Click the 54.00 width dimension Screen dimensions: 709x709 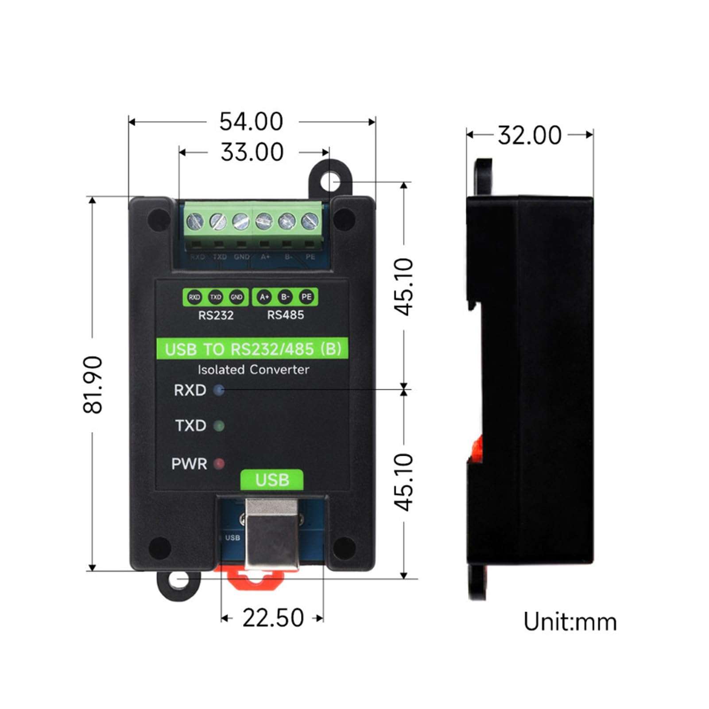coord(251,121)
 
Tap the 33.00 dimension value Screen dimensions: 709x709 coord(252,152)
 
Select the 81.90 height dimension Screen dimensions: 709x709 coord(93,384)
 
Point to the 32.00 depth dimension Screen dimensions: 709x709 coord(530,135)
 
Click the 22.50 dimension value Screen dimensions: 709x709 coord(273,618)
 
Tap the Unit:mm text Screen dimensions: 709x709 coord(570,622)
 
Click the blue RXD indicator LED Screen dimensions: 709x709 coord(219,390)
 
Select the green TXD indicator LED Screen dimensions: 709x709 coord(219,426)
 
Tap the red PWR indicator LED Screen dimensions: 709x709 coord(219,464)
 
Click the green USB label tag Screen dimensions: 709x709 coord(272,480)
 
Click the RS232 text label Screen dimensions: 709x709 coord(216,315)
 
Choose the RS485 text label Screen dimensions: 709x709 coord(286,315)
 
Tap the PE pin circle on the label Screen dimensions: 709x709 coord(306,297)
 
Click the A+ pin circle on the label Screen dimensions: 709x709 coord(264,297)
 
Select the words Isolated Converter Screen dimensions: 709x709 coord(253,369)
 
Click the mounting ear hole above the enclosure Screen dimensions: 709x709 coord(330,181)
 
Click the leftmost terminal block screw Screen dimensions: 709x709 coord(195,221)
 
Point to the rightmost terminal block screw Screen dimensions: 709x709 coord(310,221)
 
